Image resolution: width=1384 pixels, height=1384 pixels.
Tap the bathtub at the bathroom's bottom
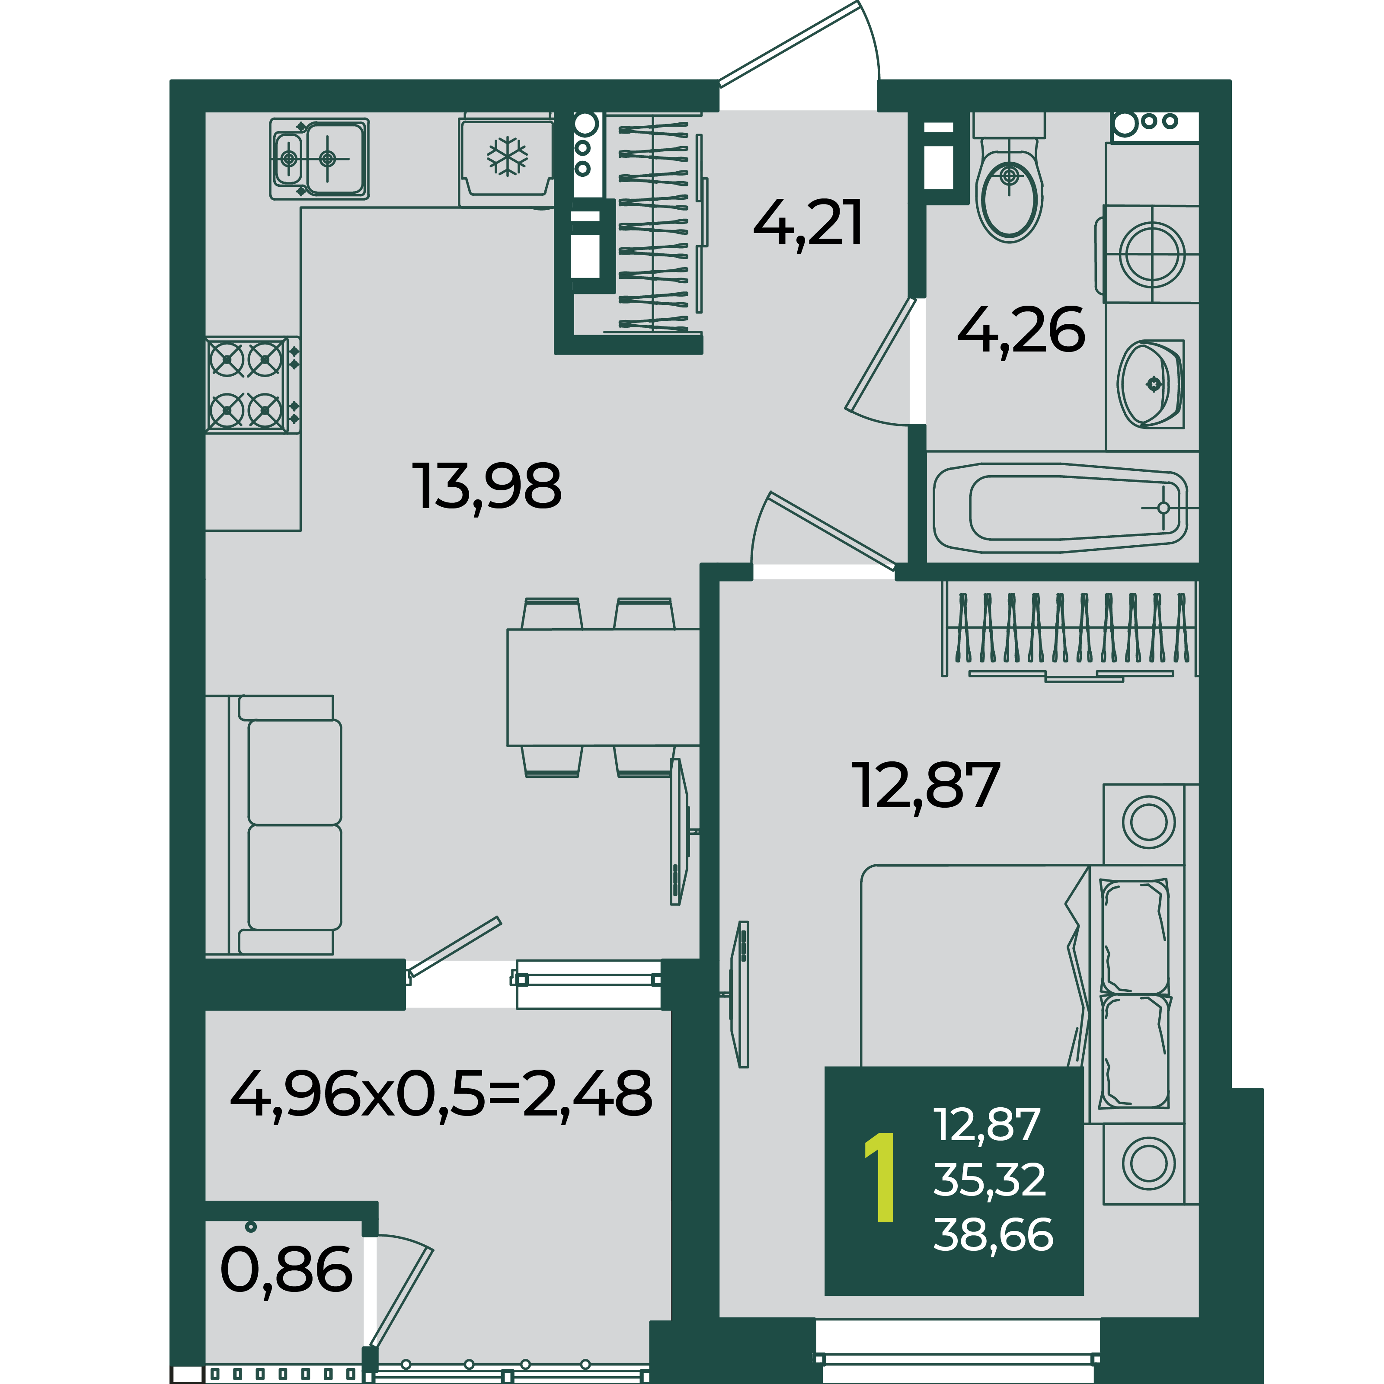coord(1060,508)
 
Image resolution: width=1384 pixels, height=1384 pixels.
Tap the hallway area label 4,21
coord(808,224)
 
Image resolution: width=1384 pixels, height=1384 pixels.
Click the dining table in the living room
coord(603,687)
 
